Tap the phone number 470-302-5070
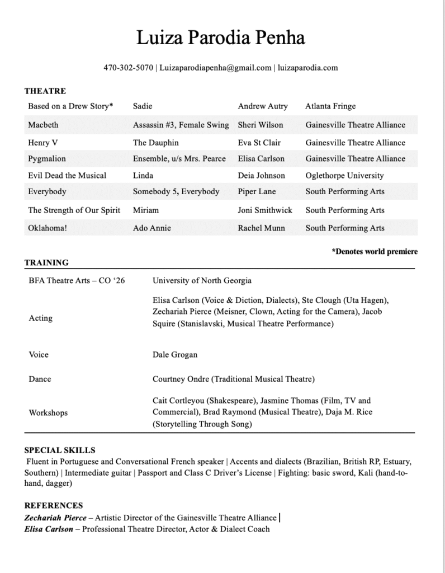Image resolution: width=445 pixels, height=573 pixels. point(128,68)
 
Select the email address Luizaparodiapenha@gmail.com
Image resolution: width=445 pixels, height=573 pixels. point(215,68)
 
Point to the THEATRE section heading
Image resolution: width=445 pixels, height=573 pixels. point(45,91)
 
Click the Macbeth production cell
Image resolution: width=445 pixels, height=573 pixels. point(43,125)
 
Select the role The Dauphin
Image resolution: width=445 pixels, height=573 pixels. point(155,143)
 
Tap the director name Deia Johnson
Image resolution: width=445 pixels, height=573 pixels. point(261,175)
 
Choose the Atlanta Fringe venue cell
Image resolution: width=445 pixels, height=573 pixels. point(330,106)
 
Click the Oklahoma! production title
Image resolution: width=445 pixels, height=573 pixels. point(47,228)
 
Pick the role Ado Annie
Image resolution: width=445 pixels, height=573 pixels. point(152,228)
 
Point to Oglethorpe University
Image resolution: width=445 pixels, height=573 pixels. point(344,175)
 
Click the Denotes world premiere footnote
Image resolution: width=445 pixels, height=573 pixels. point(375,252)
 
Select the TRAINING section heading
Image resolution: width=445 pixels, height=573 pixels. point(46,262)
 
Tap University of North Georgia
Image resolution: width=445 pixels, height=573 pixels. point(202,280)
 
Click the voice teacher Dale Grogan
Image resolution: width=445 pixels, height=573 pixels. point(175,355)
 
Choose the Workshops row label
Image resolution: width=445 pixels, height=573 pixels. point(48,413)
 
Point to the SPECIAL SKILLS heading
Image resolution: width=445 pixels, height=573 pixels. point(60,450)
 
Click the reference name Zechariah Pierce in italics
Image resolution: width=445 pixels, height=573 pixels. point(48,518)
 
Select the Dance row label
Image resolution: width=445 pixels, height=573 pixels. point(40,379)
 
